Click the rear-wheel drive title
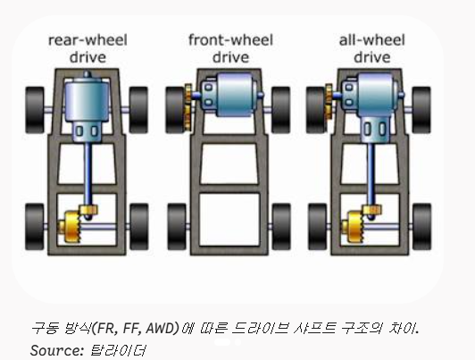coord(87,49)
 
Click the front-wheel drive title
coord(231,49)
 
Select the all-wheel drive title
coord(372,49)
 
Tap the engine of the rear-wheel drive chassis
coord(87,107)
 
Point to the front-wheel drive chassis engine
coord(229,95)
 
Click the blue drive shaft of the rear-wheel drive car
coord(87,177)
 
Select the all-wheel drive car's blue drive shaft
coord(371,177)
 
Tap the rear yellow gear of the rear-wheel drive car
coord(72,227)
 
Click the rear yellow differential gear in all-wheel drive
coord(355,227)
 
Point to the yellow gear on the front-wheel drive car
coord(187,107)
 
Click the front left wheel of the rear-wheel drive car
coord(35,110)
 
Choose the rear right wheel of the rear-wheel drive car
coord(139,227)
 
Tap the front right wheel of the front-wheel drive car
coord(281,110)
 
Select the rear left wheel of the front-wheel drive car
coord(177,227)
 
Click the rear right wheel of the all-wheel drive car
coord(421,227)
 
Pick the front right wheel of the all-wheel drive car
coord(421,110)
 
